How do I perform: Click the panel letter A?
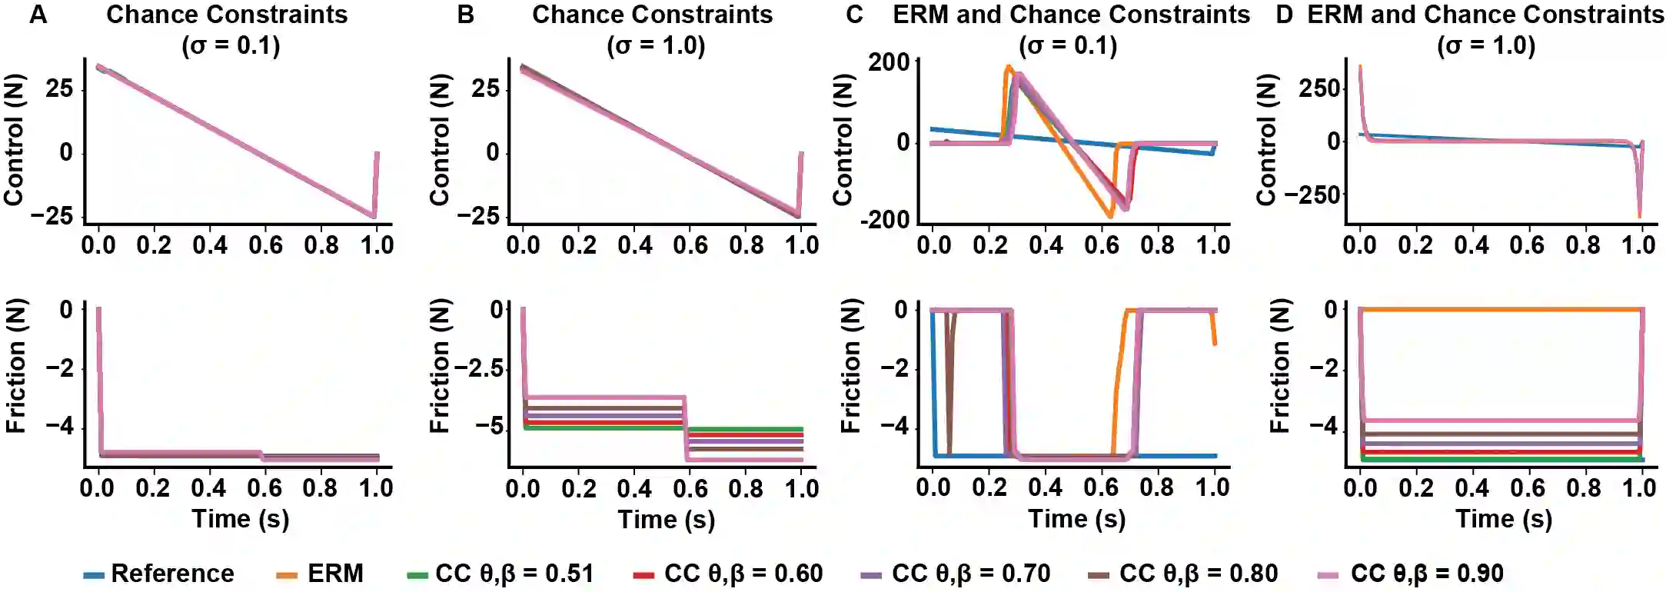click(x=38, y=15)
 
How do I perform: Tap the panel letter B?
click(x=466, y=15)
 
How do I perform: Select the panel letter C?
click(x=854, y=15)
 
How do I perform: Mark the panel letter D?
click(x=1285, y=15)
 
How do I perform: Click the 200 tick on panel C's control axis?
click(x=889, y=62)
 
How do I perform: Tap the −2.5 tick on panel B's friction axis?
click(x=478, y=368)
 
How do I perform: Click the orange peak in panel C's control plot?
click(x=1008, y=68)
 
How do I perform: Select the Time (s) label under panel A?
click(x=241, y=519)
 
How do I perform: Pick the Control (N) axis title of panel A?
click(x=14, y=140)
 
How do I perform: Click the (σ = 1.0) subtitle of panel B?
click(x=656, y=45)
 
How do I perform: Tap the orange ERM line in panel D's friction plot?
click(x=1499, y=309)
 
